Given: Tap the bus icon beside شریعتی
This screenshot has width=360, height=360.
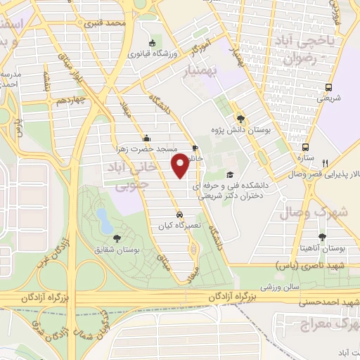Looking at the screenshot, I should [x=328, y=88].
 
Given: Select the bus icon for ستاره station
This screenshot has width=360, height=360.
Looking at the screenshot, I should [x=305, y=147].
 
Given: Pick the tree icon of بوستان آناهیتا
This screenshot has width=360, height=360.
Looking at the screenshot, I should [x=323, y=237].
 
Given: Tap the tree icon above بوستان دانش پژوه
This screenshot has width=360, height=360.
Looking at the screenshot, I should [x=241, y=120].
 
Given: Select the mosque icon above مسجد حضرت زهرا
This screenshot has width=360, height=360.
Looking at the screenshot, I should [x=146, y=138].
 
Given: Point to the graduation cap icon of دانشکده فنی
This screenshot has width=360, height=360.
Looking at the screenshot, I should [x=230, y=174].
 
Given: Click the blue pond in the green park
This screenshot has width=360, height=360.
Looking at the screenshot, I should [x=104, y=220].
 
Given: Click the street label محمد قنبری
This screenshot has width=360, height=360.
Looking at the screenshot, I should [x=105, y=24].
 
